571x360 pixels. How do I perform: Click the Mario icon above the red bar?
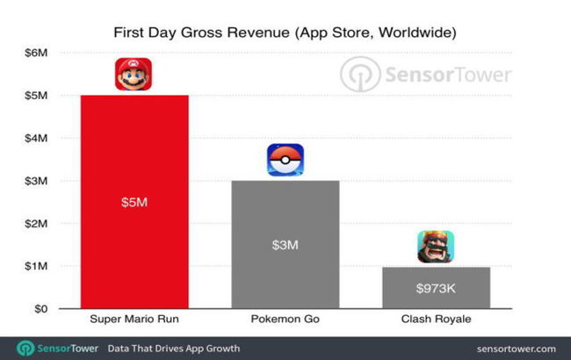coord(133,74)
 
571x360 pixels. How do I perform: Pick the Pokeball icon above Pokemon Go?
coord(285,160)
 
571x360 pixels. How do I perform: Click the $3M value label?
coord(285,245)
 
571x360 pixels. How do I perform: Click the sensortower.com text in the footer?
coord(513,349)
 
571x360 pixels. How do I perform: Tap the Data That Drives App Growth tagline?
coord(173,349)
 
